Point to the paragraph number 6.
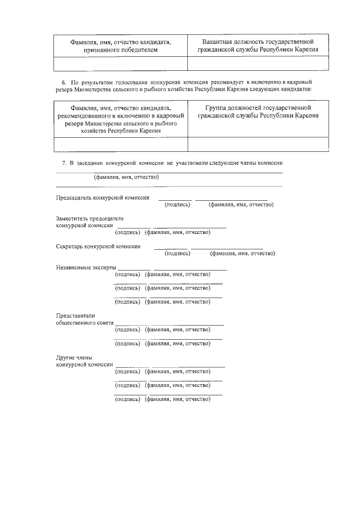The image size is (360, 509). (x=64, y=82)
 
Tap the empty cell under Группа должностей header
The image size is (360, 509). (x=258, y=145)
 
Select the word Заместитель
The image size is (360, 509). (x=75, y=218)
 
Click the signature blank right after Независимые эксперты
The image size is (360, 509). (x=134, y=269)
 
